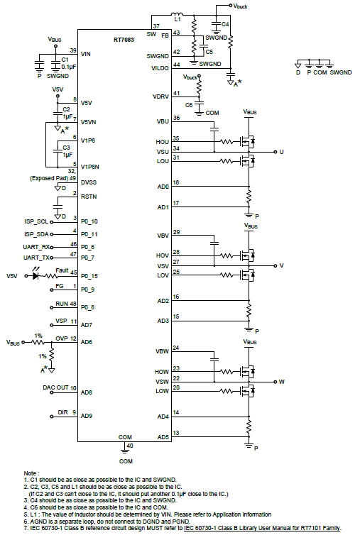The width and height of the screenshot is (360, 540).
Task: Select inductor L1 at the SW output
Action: pos(178,15)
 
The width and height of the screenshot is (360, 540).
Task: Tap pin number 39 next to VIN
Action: pos(73,50)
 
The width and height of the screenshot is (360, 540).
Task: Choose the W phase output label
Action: pos(281,382)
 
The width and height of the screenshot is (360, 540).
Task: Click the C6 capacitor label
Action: pos(189,104)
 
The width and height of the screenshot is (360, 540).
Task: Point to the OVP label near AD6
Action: pos(61,338)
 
